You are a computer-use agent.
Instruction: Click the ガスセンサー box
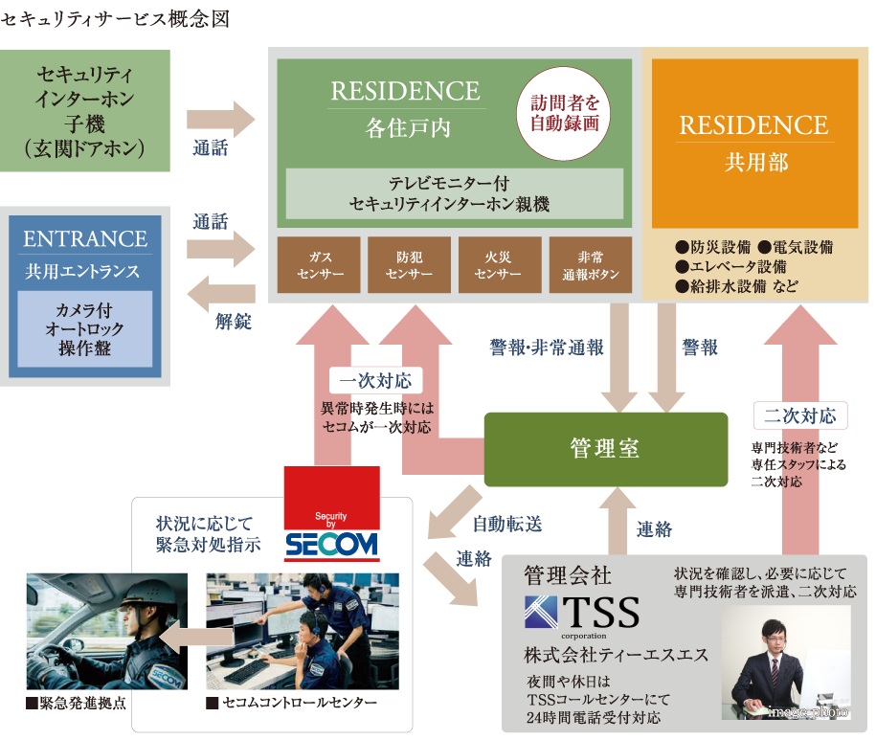tap(319, 264)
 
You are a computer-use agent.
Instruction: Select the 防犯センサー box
tap(409, 264)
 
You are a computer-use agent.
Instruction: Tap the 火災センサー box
tap(498, 264)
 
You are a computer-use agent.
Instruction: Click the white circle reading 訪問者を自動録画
tap(564, 112)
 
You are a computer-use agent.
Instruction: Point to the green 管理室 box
tap(605, 449)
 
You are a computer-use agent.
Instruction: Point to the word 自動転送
tap(507, 524)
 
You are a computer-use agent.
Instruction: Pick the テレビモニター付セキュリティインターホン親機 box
tap(455, 192)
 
